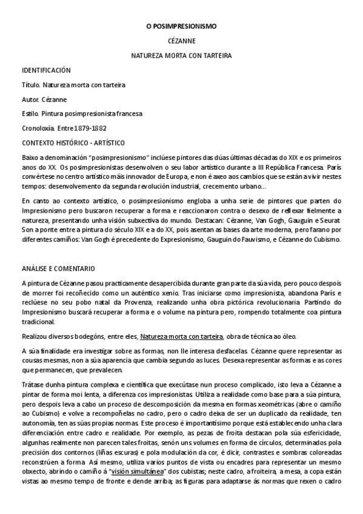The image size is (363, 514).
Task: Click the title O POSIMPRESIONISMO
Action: [181, 27]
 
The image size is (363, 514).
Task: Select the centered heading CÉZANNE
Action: [181, 41]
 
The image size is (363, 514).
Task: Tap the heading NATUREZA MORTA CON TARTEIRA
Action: [181, 56]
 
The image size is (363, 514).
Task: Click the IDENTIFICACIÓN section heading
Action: [46, 70]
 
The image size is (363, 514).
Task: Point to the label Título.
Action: [30, 85]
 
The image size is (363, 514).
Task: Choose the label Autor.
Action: [30, 99]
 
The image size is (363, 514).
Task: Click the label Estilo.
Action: [30, 114]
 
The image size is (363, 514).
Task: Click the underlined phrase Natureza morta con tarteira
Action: [182, 336]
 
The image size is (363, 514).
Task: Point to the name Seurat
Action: [331, 221]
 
